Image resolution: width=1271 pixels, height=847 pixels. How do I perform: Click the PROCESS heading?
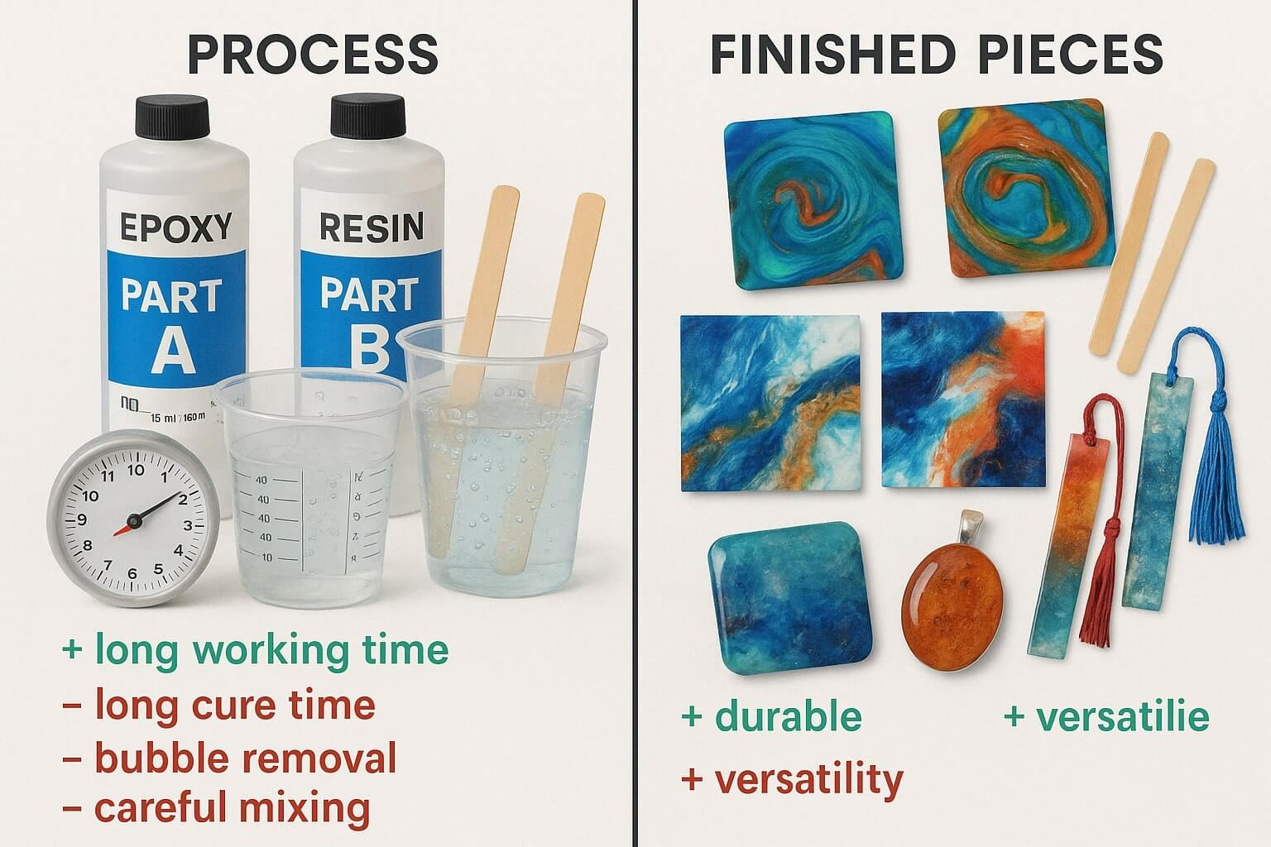click(313, 54)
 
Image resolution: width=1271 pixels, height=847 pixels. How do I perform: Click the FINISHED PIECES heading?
click(937, 54)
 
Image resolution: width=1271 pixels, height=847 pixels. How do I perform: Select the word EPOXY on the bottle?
click(176, 227)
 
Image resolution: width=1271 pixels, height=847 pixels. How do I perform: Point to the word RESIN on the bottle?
click(372, 227)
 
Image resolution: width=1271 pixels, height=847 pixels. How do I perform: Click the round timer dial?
click(132, 521)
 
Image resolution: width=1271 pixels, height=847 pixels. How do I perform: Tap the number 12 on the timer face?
click(137, 469)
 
